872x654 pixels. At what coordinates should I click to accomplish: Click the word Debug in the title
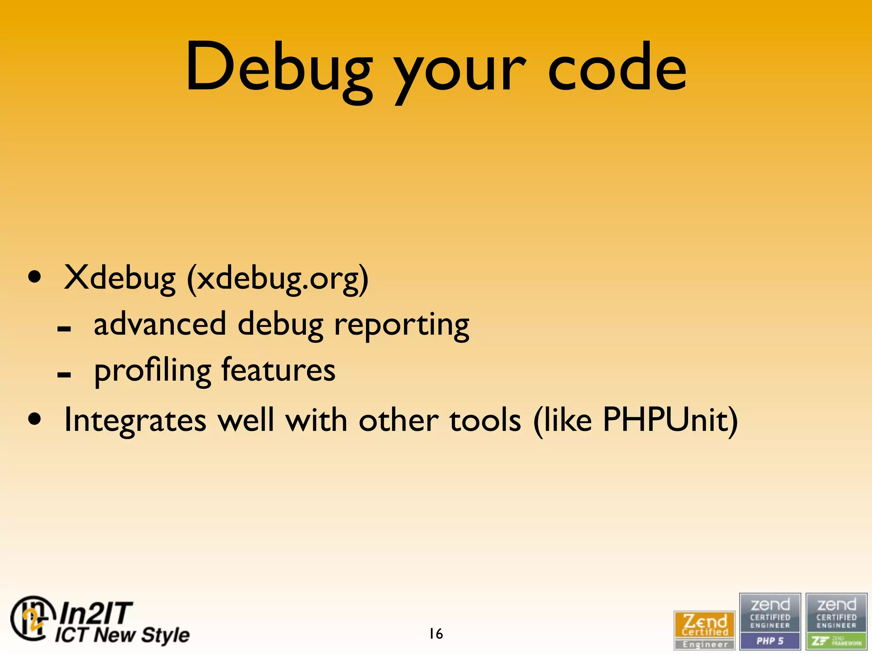(x=279, y=68)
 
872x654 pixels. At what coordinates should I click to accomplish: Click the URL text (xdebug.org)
(x=278, y=279)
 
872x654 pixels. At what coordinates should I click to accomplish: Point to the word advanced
(x=160, y=324)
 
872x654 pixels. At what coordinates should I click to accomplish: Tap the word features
(x=278, y=370)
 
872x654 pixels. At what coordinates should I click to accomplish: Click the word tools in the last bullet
(x=485, y=420)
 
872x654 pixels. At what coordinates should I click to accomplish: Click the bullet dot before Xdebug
(x=35, y=277)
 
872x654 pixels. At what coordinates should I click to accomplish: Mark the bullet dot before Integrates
(x=35, y=419)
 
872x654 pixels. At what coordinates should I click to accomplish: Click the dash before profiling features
(x=64, y=375)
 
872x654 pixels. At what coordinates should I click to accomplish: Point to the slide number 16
(x=436, y=634)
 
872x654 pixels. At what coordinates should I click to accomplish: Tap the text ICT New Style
(x=122, y=635)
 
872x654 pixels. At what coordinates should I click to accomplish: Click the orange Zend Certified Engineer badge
(x=704, y=630)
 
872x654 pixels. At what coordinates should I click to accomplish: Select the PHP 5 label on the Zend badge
(x=770, y=641)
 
